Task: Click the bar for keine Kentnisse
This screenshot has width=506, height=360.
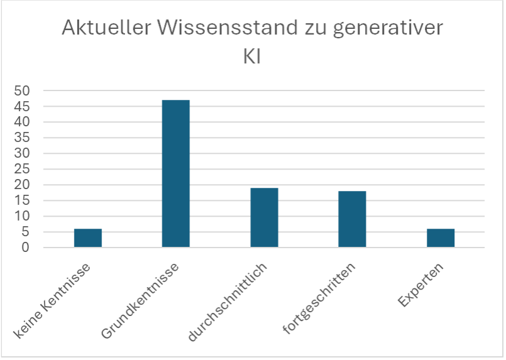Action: [x=88, y=238]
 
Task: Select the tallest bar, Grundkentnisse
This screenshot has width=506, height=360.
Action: [x=175, y=173]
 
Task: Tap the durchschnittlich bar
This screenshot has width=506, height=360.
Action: [x=264, y=217]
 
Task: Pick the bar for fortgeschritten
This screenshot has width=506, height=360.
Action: [x=352, y=219]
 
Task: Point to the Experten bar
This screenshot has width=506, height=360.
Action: [x=440, y=238]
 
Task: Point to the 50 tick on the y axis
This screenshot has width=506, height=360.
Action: [x=22, y=91]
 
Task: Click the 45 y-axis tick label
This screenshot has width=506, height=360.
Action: [x=22, y=107]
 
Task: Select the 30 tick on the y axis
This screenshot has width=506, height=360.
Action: [x=22, y=154]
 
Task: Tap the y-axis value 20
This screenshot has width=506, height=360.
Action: [x=22, y=185]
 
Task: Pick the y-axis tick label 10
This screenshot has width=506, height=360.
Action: [x=22, y=217]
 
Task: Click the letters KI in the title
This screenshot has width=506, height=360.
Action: [x=252, y=57]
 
